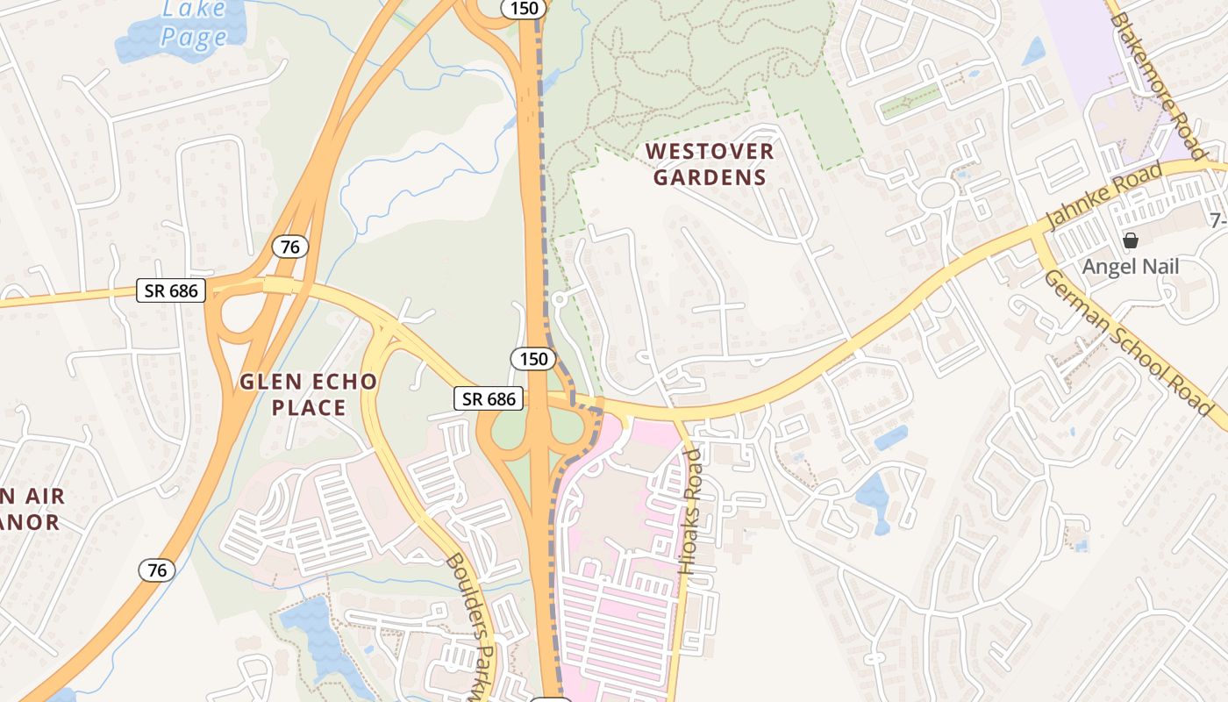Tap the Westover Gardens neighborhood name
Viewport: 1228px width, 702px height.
pos(710,164)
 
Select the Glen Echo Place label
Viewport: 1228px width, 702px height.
pos(309,395)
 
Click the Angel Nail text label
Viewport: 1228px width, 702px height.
pos(1130,267)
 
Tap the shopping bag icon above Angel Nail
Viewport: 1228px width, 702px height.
pos(1131,240)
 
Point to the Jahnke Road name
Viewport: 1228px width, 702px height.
pos(1107,193)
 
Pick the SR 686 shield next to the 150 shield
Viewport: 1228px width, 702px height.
pos(489,399)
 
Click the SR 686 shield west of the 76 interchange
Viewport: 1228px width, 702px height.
pos(171,290)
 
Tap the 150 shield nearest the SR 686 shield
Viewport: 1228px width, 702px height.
pos(532,359)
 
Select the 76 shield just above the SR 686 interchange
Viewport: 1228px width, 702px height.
pos(289,247)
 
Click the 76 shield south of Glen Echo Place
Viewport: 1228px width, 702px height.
pos(156,570)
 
